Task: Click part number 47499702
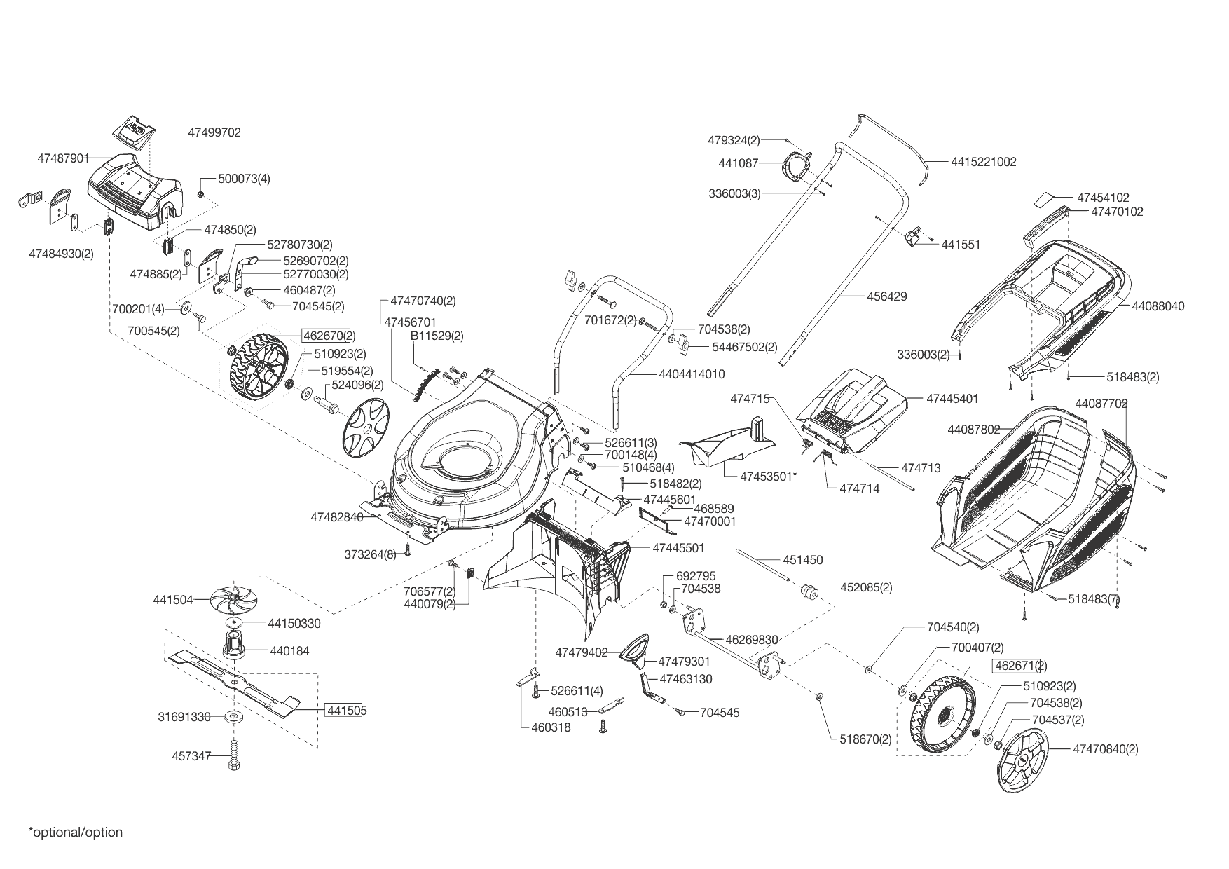(214, 132)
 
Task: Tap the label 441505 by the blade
(346, 710)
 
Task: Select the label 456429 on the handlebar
(886, 296)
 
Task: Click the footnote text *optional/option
(76, 833)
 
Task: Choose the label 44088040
(1158, 306)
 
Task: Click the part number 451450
(803, 560)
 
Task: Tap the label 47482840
(337, 517)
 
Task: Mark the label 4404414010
(692, 374)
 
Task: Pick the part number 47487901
(64, 159)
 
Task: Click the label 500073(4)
(244, 179)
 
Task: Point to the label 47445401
(952, 399)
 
